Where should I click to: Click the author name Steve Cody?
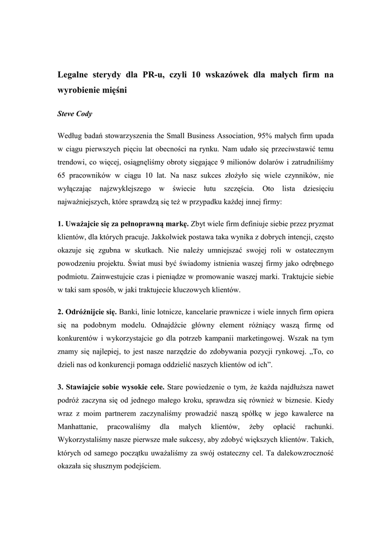click(75, 114)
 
